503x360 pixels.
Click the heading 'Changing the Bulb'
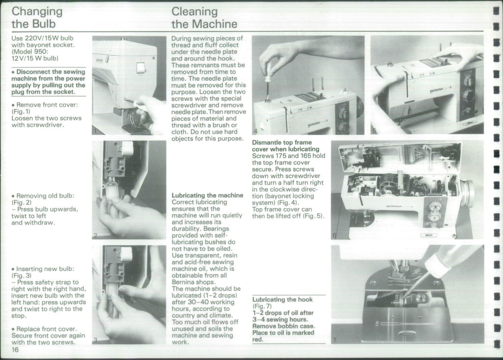[37, 17]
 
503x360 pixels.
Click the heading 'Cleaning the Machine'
[204, 17]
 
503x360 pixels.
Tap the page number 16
[16, 349]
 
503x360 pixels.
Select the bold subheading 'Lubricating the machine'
[207, 195]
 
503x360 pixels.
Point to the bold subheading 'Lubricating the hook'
[282, 300]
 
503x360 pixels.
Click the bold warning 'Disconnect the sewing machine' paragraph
[48, 82]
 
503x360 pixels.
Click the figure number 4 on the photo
[255, 131]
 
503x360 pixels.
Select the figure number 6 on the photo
[335, 235]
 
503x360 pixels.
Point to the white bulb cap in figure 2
[127, 147]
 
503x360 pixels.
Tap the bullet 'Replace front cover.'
[46, 329]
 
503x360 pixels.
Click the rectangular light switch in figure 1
[141, 68]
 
